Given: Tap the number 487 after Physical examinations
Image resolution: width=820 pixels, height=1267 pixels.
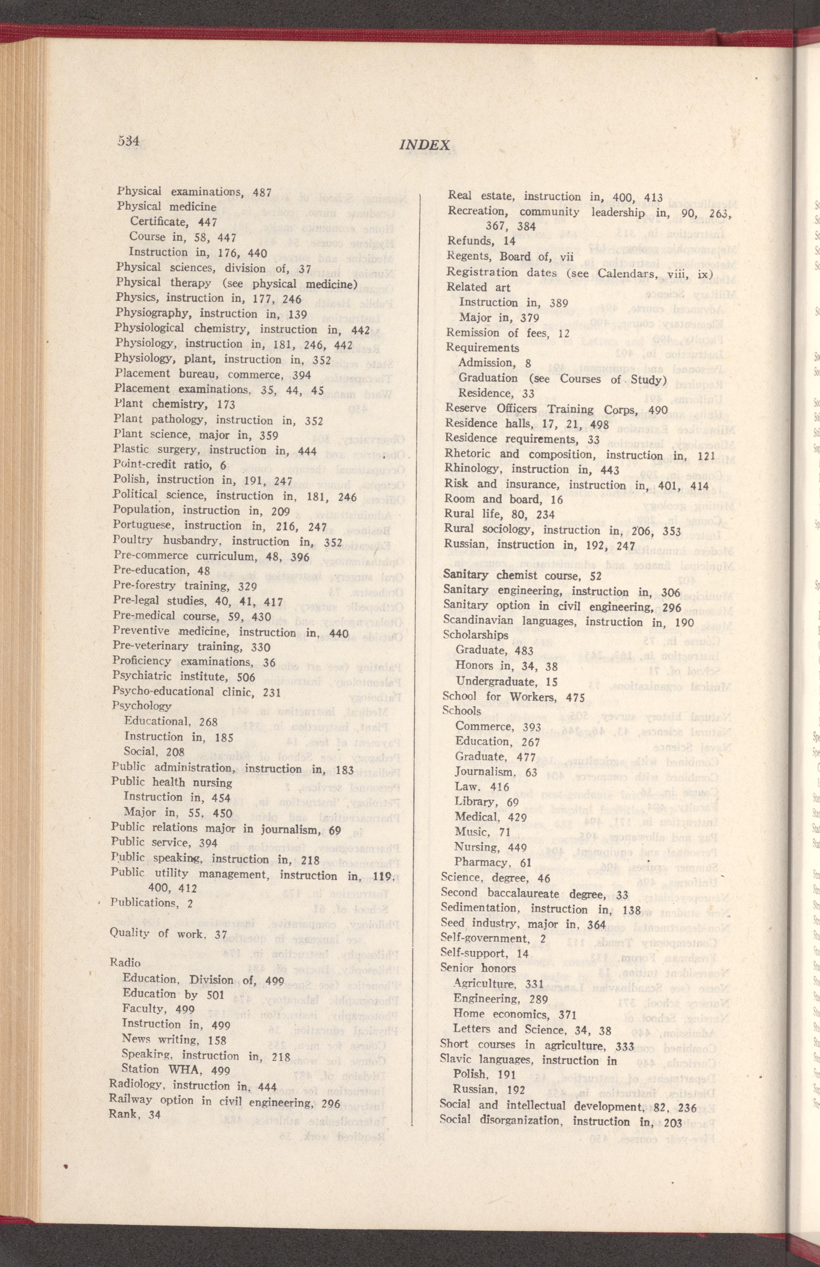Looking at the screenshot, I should (x=262, y=193).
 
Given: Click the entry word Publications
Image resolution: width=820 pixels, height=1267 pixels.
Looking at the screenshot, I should (x=142, y=902).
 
